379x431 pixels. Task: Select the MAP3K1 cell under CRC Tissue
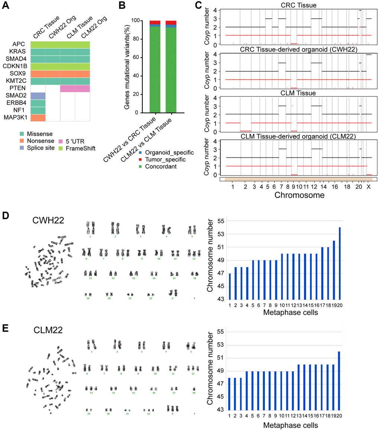click(38, 117)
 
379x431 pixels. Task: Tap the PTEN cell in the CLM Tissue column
click(67, 88)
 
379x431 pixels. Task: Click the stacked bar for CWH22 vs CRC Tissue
click(155, 67)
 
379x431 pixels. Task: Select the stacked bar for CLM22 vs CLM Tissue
click(171, 67)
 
